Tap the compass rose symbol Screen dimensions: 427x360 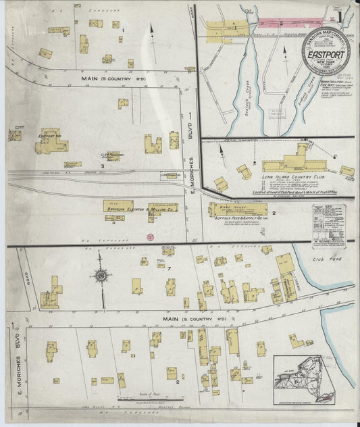tap(101, 276)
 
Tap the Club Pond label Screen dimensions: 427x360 tap(323, 259)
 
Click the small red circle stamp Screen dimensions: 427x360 tap(151, 236)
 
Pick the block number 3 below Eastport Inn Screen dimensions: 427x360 tap(102, 166)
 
